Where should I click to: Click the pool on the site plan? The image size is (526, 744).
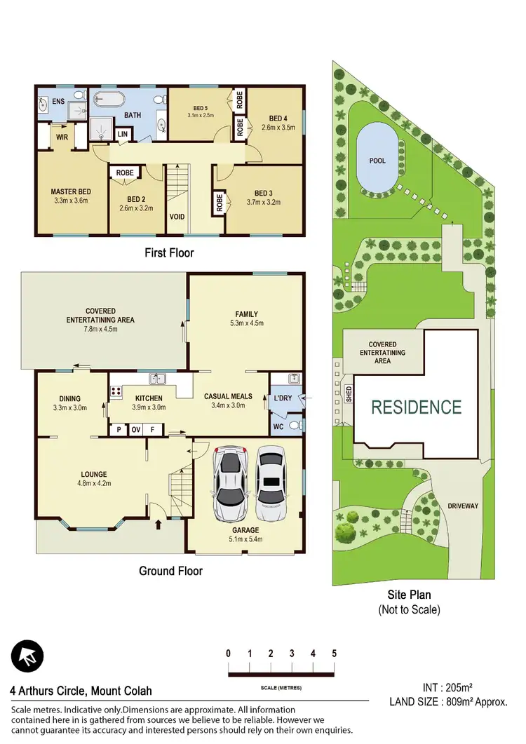tap(377, 160)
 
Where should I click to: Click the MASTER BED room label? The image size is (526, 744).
tap(72, 191)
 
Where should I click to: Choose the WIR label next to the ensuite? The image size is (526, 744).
tap(62, 137)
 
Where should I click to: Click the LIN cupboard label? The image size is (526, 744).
tap(123, 134)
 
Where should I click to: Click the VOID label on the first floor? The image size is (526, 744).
tap(177, 217)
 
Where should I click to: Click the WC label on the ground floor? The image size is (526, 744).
tap(279, 426)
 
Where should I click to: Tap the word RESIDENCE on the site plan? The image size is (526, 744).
tap(416, 407)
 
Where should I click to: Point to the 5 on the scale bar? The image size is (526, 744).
tap(334, 654)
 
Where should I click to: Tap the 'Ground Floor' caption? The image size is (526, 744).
tap(170, 571)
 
